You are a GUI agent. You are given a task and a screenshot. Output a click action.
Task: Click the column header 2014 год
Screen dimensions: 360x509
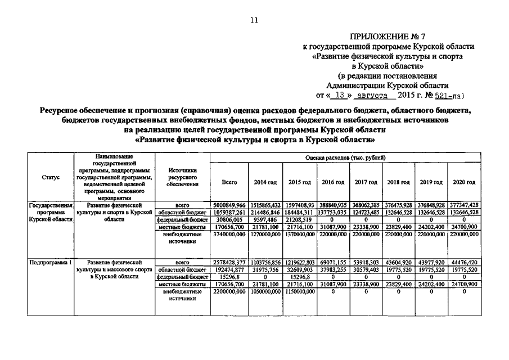coord(265,182)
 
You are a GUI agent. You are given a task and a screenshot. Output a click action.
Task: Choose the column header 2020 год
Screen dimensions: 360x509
coord(463,182)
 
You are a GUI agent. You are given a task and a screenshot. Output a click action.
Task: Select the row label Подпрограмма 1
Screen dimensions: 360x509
coord(51,262)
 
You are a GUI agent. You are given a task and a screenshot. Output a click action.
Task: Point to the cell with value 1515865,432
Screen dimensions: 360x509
coord(265,205)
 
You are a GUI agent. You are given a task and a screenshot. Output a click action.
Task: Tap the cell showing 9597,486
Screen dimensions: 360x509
coord(265,220)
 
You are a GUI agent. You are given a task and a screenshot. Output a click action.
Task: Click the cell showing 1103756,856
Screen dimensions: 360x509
coord(265,262)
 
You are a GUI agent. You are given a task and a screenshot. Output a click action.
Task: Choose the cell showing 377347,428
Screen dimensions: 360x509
coord(463,205)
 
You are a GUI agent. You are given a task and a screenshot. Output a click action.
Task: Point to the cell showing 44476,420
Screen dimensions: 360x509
coord(463,262)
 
